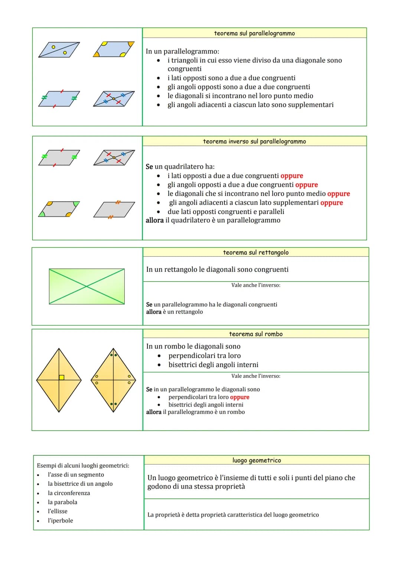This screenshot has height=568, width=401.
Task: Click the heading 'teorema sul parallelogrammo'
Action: click(254, 33)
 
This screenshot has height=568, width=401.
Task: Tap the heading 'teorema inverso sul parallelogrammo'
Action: click(254, 141)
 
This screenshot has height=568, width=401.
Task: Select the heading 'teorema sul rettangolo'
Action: click(255, 252)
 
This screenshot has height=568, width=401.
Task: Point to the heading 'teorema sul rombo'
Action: click(255, 334)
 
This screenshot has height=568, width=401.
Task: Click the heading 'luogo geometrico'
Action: click(257, 460)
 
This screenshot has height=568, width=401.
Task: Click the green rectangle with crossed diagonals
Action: click(87, 286)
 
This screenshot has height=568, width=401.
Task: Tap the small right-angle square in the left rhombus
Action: click(62, 378)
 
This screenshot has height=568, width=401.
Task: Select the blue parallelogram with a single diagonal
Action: click(59, 49)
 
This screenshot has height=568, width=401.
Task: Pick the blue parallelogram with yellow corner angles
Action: click(114, 49)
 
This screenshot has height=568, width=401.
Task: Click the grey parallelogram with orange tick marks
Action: click(114, 210)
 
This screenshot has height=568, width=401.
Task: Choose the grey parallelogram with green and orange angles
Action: click(59, 209)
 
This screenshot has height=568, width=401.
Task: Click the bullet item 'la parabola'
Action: click(62, 502)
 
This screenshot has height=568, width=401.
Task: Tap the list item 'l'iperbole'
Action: click(60, 520)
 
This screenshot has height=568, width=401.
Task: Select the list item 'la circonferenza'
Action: click(69, 493)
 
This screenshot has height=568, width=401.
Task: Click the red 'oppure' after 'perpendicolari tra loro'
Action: click(239, 397)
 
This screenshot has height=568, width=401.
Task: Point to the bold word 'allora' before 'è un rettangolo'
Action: click(153, 312)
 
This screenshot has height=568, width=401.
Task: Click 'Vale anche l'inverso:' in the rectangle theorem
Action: click(255, 285)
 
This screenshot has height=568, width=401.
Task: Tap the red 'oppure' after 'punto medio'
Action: click(338, 194)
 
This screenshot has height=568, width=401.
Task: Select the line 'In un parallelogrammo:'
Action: click(182, 51)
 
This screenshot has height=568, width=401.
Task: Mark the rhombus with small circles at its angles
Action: click(113, 380)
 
